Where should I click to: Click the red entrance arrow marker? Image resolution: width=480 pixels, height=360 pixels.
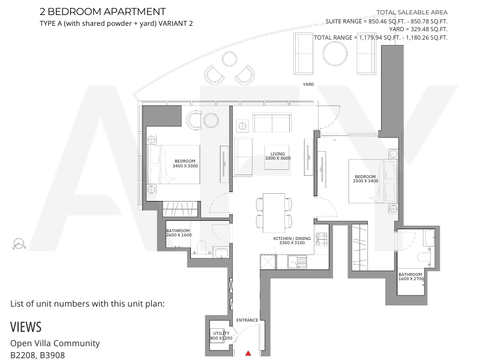click(248, 353)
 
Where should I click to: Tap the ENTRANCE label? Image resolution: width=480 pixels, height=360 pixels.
click(247, 320)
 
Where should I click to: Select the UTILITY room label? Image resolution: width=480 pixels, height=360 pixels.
click(221, 335)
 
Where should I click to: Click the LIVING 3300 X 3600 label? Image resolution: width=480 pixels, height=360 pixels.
click(278, 156)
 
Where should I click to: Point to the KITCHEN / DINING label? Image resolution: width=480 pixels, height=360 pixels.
click(292, 241)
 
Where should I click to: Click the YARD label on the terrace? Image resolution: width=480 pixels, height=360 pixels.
click(308, 84)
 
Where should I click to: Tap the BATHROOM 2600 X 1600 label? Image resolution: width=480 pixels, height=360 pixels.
click(179, 233)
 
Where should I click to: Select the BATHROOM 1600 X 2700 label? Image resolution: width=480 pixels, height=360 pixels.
click(411, 277)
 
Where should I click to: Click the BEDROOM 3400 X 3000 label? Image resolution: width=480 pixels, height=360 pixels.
click(185, 163)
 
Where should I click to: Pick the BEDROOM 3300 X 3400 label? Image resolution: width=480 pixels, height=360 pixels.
click(365, 179)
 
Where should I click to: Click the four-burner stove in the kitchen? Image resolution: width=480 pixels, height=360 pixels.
click(322, 239)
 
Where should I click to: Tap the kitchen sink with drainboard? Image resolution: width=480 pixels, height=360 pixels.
click(296, 262)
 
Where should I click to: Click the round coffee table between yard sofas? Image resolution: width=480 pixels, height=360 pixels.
click(335, 53)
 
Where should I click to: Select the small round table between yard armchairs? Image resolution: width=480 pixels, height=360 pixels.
click(229, 59)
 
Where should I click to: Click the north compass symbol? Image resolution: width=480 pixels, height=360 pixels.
click(19, 244)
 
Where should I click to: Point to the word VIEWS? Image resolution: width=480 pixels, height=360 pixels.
click(26, 327)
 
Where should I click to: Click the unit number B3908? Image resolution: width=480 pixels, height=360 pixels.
click(52, 355)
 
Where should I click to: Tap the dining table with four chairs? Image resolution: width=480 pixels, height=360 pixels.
click(274, 213)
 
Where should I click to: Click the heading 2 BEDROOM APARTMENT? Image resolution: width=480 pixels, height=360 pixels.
click(103, 11)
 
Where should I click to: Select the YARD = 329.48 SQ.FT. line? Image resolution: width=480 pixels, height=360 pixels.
click(418, 29)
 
